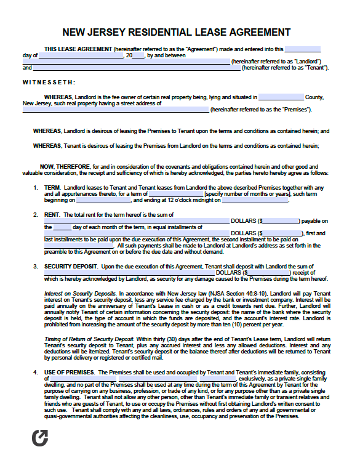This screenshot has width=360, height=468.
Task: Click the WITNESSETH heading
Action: tap(49, 82)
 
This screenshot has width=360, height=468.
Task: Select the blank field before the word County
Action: tap(281, 97)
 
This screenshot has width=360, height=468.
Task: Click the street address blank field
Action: tap(116, 110)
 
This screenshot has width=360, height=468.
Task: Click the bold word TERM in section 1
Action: tap(52, 187)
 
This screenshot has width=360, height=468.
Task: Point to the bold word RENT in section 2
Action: tap(52, 214)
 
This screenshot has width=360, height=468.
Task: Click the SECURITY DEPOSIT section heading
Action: tap(71, 265)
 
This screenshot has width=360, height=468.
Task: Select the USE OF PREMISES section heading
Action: tap(70, 373)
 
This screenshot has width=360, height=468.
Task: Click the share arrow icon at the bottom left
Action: tap(39, 438)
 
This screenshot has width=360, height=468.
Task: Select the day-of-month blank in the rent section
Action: tap(62, 227)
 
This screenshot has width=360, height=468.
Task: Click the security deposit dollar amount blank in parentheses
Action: tap(269, 272)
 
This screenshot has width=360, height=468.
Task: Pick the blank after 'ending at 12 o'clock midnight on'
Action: tap(246, 200)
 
